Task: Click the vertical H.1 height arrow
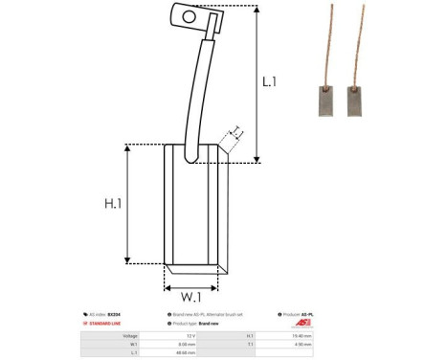click(144, 203)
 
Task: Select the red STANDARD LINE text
click(109, 325)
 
